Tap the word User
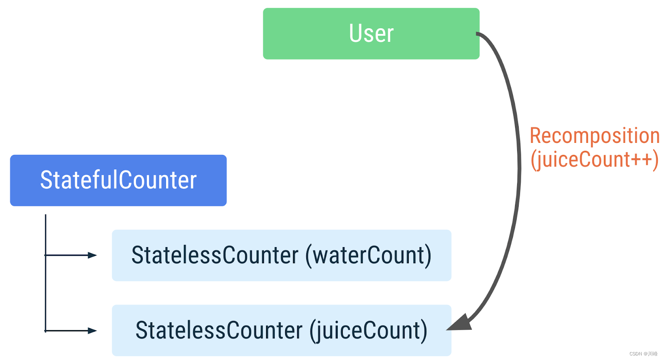click(x=371, y=34)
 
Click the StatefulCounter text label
click(x=118, y=181)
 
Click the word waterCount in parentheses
click(x=368, y=255)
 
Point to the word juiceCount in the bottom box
click(x=368, y=331)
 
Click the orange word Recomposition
click(x=594, y=136)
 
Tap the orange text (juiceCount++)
click(x=594, y=159)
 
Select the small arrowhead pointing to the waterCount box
click(x=92, y=255)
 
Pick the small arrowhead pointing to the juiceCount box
click(x=92, y=331)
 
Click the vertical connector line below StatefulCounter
click(x=45, y=291)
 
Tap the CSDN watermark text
click(x=643, y=354)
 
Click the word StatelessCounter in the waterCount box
click(x=215, y=255)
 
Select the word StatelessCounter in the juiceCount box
click(x=219, y=331)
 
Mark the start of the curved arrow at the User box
click(x=478, y=34)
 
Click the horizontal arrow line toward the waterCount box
click(x=66, y=255)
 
